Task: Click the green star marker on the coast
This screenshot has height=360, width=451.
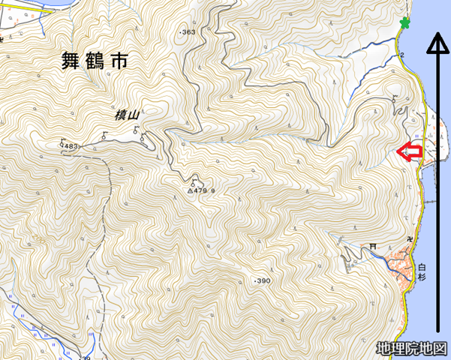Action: (x=406, y=23)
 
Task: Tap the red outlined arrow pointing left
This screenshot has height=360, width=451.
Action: (x=409, y=152)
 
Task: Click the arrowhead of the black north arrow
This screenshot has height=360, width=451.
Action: (x=437, y=44)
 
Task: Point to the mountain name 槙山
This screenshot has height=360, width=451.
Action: (x=128, y=114)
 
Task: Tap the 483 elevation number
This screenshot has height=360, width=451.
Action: (x=71, y=145)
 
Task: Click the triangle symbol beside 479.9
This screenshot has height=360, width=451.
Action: (x=191, y=191)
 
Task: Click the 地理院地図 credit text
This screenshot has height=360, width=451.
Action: (x=412, y=348)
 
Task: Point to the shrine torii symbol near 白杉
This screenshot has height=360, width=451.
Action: (x=372, y=246)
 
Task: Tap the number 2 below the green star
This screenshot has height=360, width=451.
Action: (x=402, y=55)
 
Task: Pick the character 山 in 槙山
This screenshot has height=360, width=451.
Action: (x=136, y=114)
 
